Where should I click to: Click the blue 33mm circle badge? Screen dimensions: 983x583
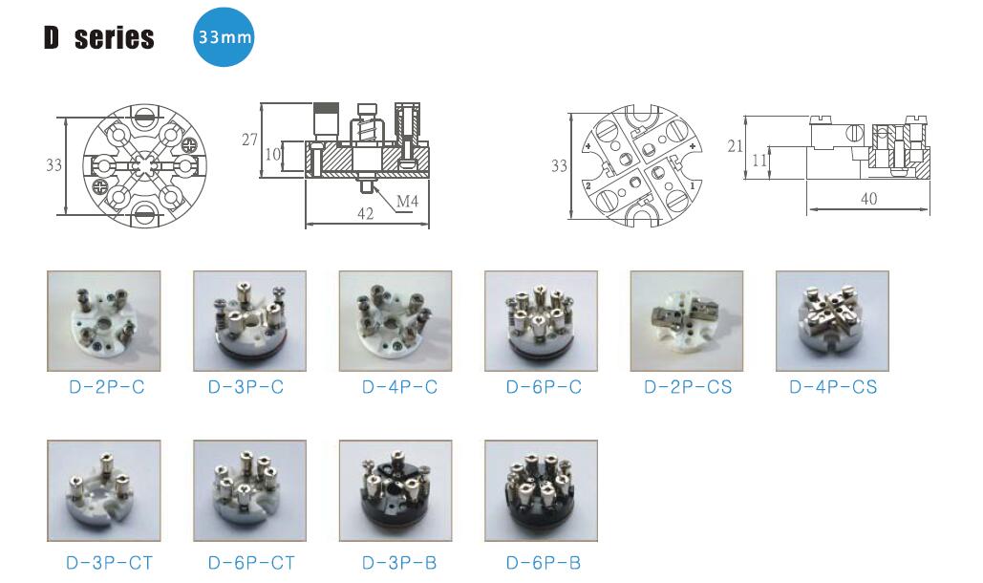[x=224, y=37]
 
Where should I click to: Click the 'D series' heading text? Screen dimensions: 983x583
[x=99, y=37]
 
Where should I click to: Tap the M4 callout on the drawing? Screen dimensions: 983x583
[x=407, y=202]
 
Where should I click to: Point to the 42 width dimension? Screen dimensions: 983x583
[x=365, y=213]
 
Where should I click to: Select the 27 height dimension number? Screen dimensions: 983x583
[x=249, y=140]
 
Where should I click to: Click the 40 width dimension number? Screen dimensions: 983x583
[x=868, y=199]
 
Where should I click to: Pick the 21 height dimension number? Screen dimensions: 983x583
[x=735, y=146]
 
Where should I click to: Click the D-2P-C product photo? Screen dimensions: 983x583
[x=104, y=321]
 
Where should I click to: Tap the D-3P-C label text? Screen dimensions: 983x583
[x=246, y=387]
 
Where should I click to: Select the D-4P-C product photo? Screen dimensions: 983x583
[x=395, y=321]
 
